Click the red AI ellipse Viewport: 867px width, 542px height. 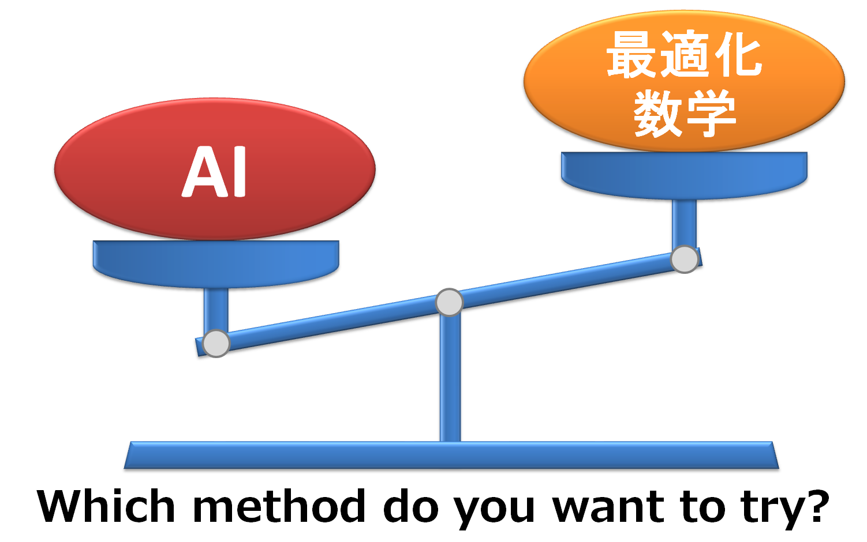pos(115,173)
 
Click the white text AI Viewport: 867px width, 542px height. pos(215,172)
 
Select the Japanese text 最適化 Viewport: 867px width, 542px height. pos(684,55)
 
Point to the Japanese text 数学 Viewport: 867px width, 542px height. pos(685,114)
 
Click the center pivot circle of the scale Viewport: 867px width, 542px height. pos(449,303)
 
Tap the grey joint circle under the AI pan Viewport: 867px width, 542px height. pos(216,344)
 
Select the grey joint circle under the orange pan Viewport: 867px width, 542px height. pos(685,259)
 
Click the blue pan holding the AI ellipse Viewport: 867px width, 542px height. pos(215,262)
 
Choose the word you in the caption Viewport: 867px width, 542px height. pos(494,510)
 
